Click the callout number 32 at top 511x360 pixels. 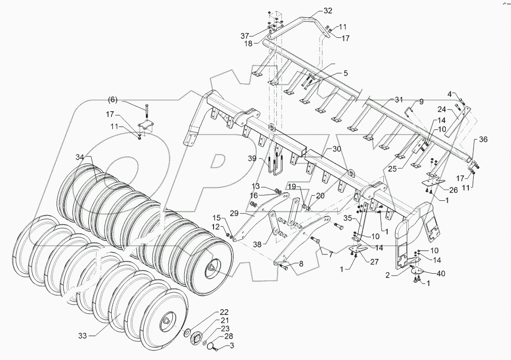tap(328, 10)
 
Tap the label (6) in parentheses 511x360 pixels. tap(112, 100)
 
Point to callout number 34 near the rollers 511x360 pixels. tap(80, 157)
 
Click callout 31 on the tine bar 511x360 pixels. tap(399, 100)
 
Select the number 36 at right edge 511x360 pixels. tap(483, 139)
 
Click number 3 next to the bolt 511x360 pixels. tap(232, 346)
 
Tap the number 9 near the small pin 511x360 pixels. tap(421, 102)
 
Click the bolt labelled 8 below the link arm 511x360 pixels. tap(283, 267)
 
